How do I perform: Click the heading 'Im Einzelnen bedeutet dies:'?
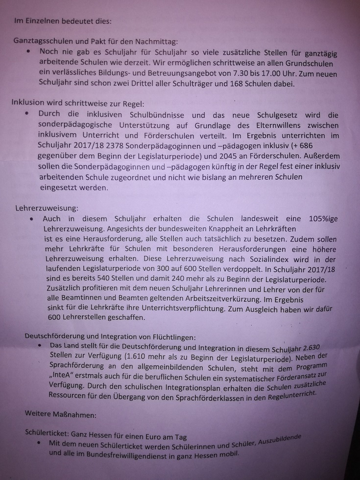click(x=63, y=22)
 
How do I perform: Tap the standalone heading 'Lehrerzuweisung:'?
click(x=47, y=208)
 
